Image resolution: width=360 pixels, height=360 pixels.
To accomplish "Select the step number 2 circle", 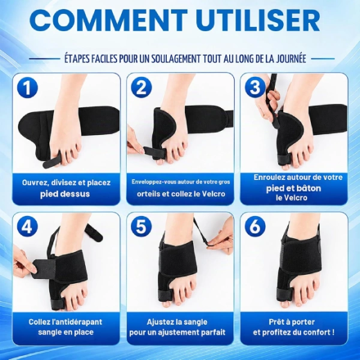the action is pyautogui.click(x=141, y=88).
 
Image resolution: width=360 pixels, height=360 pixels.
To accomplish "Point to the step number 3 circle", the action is pyautogui.click(x=255, y=87).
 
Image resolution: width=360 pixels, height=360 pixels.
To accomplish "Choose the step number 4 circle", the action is pyautogui.click(x=28, y=227).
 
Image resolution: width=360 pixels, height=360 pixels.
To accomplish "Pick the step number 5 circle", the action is pyautogui.click(x=141, y=227).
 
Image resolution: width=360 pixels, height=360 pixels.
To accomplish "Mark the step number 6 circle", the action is pyautogui.click(x=255, y=227).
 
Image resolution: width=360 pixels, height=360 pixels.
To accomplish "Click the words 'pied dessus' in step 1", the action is pyautogui.click(x=65, y=194).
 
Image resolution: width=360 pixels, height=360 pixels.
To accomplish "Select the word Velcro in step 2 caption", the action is pyautogui.click(x=214, y=194).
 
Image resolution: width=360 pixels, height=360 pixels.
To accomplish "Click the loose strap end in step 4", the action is pyautogui.click(x=94, y=232).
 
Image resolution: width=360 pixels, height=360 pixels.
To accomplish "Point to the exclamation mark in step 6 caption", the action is pyautogui.click(x=333, y=332).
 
